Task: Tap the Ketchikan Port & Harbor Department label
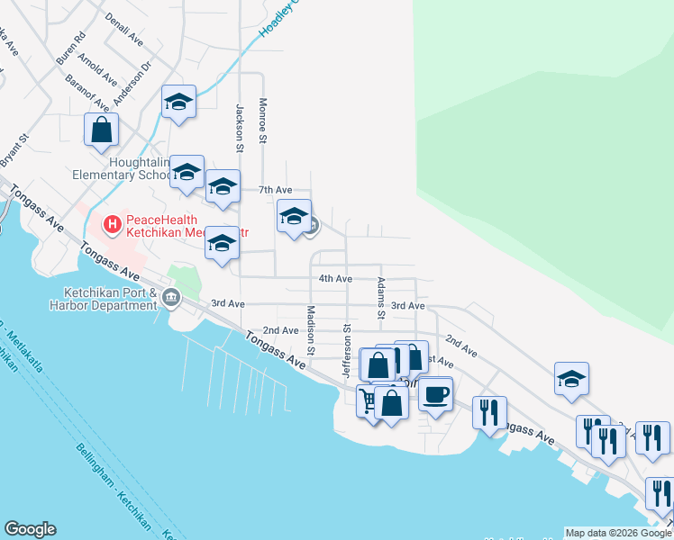111,299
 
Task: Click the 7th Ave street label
276,190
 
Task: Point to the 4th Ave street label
335,279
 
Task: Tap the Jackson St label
241,128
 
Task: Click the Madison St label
311,328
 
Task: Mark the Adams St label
381,298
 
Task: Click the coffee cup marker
436,393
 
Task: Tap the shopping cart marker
369,399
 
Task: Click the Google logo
30,529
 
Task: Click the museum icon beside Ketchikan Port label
171,300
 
